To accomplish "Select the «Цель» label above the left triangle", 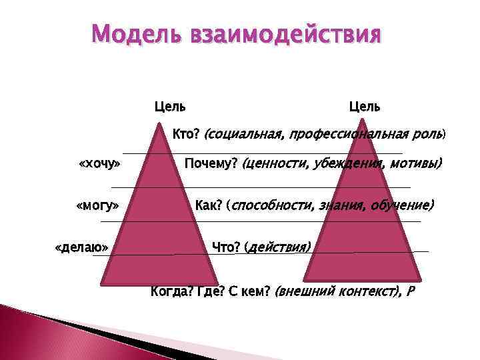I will click(170, 106).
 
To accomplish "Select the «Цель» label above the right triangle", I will click(365, 106).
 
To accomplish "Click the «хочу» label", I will click(99, 163).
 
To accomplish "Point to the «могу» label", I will click(98, 205).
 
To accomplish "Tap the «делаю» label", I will click(81, 248).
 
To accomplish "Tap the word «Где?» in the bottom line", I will click(205, 291).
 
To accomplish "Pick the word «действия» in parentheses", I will click(279, 247).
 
